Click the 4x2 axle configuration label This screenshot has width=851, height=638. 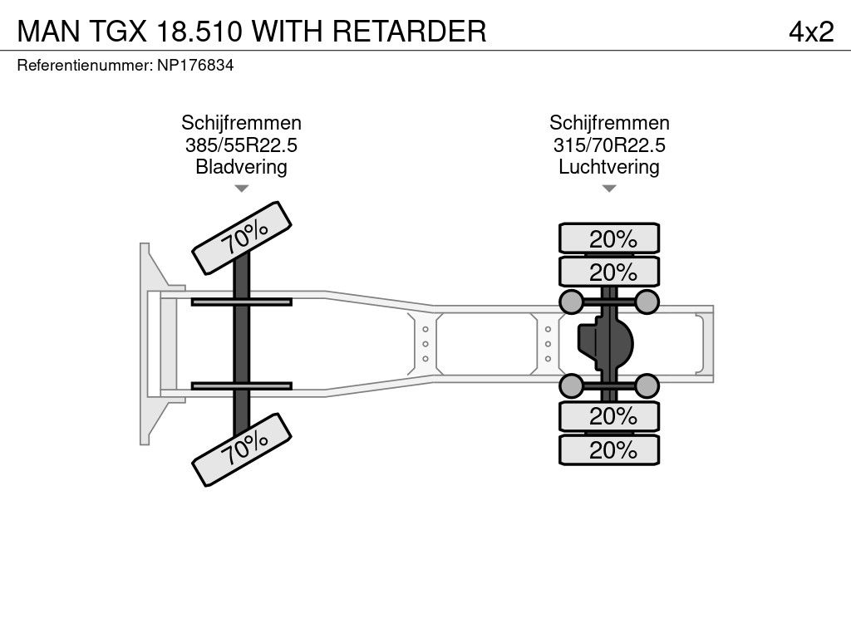(x=811, y=31)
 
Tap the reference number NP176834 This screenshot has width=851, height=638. (x=195, y=65)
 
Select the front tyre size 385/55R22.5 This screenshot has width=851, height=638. (x=241, y=145)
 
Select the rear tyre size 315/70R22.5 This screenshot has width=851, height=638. (x=609, y=145)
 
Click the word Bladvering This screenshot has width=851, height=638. (x=241, y=167)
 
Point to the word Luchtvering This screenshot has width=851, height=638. (x=609, y=167)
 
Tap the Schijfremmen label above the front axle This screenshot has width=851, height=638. (x=241, y=123)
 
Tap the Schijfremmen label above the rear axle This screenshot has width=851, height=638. (x=609, y=123)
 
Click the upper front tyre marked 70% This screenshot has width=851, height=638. (x=243, y=237)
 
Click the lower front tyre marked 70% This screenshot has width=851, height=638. (x=243, y=451)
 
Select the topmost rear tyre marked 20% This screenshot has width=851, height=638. (x=609, y=238)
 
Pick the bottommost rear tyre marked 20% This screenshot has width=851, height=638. (x=609, y=450)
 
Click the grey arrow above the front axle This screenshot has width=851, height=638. (x=241, y=189)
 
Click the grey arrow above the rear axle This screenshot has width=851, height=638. (x=609, y=189)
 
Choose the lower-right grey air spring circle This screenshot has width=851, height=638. (x=647, y=385)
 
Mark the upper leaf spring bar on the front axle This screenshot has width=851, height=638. (x=241, y=302)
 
